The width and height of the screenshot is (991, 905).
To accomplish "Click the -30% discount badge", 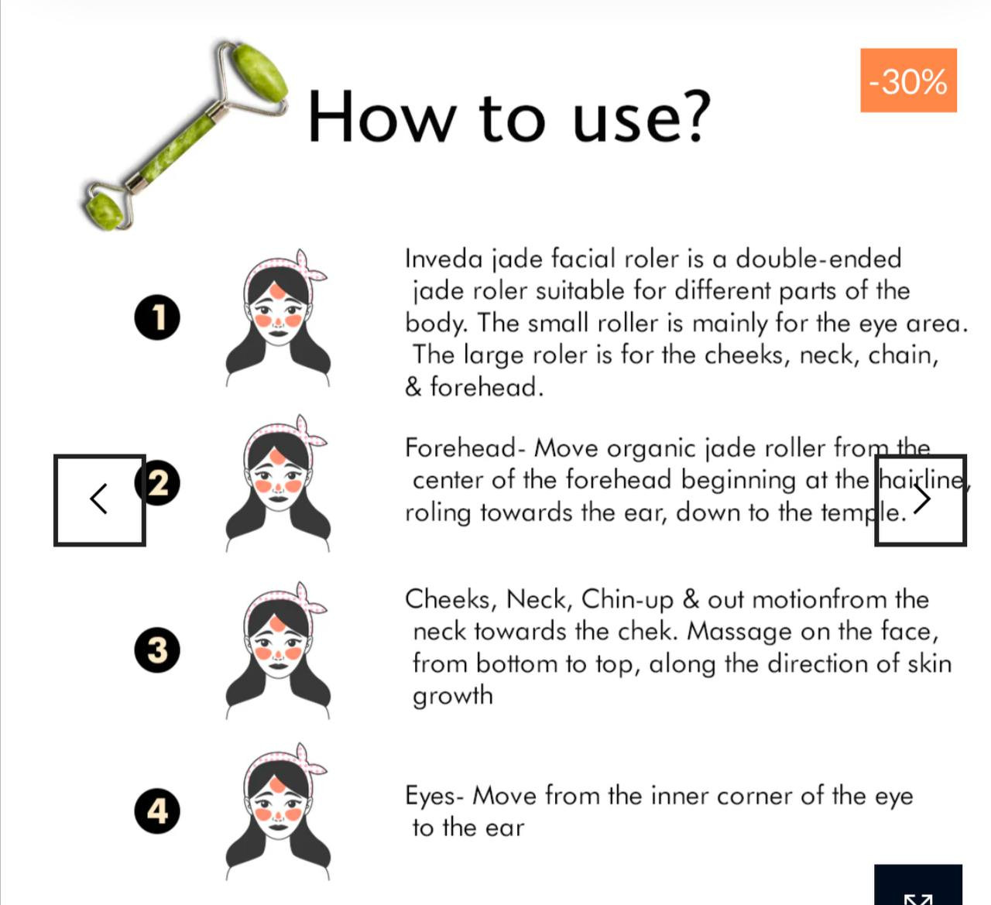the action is click(x=908, y=81).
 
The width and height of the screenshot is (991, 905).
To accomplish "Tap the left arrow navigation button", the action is click(x=99, y=500).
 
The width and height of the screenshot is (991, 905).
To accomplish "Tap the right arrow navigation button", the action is click(x=921, y=500).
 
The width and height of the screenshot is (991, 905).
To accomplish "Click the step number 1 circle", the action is click(x=157, y=317).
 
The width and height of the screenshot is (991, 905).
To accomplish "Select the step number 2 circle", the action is click(x=157, y=482).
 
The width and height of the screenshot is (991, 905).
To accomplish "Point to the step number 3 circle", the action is click(x=157, y=650).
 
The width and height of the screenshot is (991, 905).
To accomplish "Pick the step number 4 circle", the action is click(x=157, y=811).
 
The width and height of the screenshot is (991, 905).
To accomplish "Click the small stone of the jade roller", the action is click(x=105, y=211).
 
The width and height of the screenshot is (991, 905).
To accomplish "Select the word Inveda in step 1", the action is click(x=443, y=259).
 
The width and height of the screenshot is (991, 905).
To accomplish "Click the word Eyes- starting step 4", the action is click(x=434, y=797).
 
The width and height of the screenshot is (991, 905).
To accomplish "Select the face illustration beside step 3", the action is click(x=278, y=651).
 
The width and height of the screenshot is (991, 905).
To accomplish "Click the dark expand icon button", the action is click(x=918, y=886).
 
